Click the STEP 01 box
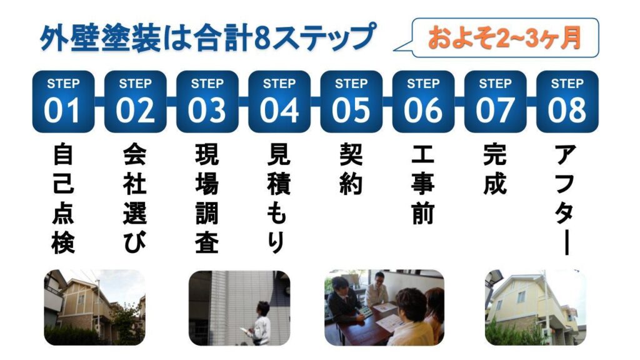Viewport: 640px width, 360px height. pos(63,102)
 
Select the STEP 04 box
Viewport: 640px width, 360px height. pos(279,102)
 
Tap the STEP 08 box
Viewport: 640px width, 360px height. pos(567,102)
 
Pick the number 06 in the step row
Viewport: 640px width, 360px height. pos(423,110)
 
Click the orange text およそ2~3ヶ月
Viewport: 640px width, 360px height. pos(504,38)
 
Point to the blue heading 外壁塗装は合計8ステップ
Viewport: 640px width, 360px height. pos(207,37)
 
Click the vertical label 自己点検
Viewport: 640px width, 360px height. pos(63,198)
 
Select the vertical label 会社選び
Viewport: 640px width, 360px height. pos(135,198)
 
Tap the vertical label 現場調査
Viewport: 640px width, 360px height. pos(207,198)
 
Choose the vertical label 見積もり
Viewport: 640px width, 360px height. pos(279,198)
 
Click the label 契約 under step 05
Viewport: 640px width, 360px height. pos(351,169)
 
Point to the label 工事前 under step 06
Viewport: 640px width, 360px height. pos(423,184)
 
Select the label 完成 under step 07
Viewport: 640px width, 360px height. pos(495,169)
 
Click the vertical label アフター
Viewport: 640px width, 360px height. pos(566,199)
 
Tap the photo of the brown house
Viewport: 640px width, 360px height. pos(95,307)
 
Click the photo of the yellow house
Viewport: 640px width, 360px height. pos(536,307)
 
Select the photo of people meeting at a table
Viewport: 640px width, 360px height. pos(384,307)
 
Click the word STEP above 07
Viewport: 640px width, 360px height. pos(495,84)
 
